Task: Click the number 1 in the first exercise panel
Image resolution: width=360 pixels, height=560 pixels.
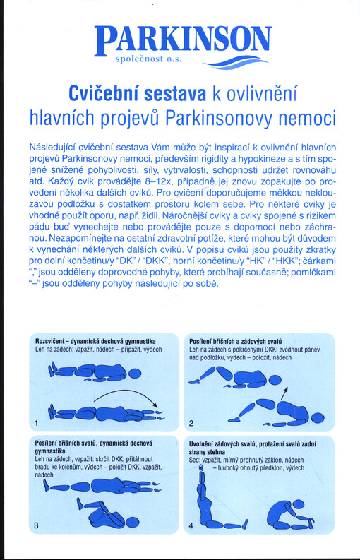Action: pyautogui.click(x=35, y=423)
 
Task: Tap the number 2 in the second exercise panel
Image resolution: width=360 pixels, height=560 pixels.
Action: pyautogui.click(x=191, y=424)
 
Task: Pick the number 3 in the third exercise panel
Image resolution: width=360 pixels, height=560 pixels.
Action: pyautogui.click(x=35, y=526)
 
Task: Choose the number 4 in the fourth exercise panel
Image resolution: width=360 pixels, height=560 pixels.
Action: pyautogui.click(x=191, y=526)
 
